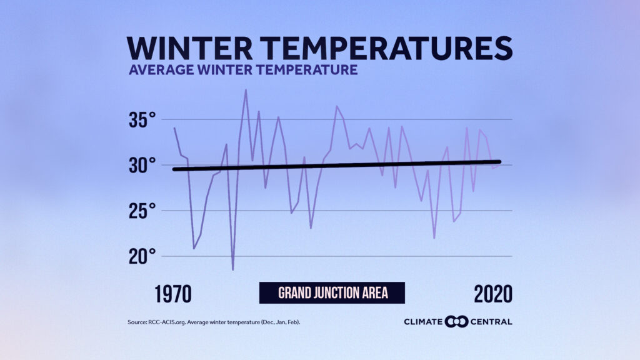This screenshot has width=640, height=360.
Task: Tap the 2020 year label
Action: click(x=492, y=294)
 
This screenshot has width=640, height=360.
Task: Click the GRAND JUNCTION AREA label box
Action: click(x=332, y=292)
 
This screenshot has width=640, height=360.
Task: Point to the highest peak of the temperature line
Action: click(x=246, y=90)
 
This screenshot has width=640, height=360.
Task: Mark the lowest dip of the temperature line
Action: click(x=233, y=269)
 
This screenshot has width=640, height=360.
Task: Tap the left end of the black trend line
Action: click(x=174, y=169)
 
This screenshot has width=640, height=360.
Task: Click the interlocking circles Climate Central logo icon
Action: click(x=456, y=321)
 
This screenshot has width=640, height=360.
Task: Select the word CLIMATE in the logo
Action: click(x=424, y=322)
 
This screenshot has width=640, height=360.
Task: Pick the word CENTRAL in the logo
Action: click(x=491, y=322)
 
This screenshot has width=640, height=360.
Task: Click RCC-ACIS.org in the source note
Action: click(x=164, y=322)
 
